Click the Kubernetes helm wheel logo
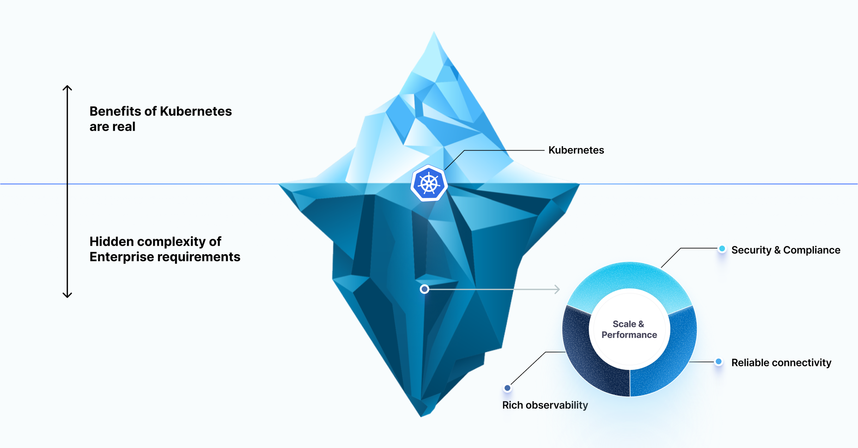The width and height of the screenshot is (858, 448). (x=429, y=183)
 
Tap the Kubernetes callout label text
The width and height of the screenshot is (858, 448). (x=576, y=150)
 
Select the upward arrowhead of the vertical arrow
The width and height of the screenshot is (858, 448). (x=67, y=88)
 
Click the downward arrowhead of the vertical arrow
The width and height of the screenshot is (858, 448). (x=67, y=295)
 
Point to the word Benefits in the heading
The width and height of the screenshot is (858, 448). (x=115, y=111)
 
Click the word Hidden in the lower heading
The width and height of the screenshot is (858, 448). (x=111, y=241)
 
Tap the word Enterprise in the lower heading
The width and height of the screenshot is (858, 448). (x=121, y=257)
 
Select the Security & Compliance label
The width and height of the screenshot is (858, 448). (x=785, y=250)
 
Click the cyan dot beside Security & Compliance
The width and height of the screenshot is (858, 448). (x=722, y=249)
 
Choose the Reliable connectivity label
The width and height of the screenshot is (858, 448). (x=781, y=362)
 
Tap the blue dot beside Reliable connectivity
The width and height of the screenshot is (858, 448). (x=718, y=362)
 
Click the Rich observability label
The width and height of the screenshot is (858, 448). (x=545, y=405)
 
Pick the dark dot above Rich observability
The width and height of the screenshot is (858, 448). (x=507, y=388)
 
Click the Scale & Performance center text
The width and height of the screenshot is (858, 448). (x=629, y=329)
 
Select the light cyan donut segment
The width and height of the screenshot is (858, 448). (x=629, y=278)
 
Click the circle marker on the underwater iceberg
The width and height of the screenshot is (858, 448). (x=424, y=289)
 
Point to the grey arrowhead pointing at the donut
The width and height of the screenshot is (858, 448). (x=557, y=289)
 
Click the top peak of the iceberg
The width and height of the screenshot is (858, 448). (x=434, y=34)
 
